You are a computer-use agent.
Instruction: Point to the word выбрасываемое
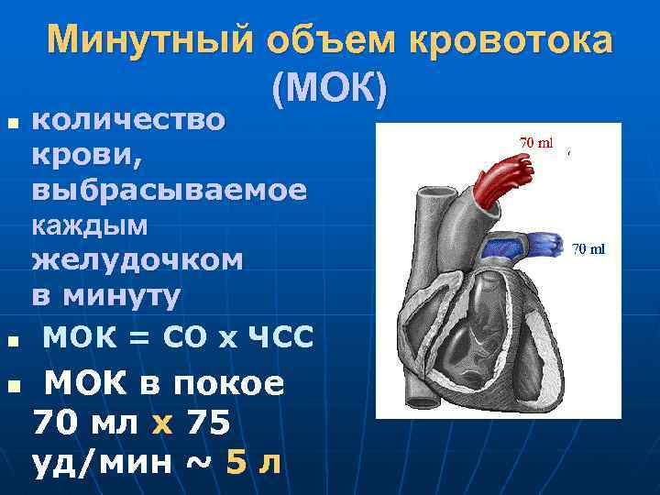tap(170, 190)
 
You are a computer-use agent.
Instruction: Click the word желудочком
tap(137, 259)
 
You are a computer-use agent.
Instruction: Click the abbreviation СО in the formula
tap(185, 337)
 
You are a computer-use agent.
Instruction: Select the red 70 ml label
tap(537, 143)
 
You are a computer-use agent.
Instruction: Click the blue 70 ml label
tap(588, 248)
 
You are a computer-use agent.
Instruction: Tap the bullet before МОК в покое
tap(12, 388)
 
